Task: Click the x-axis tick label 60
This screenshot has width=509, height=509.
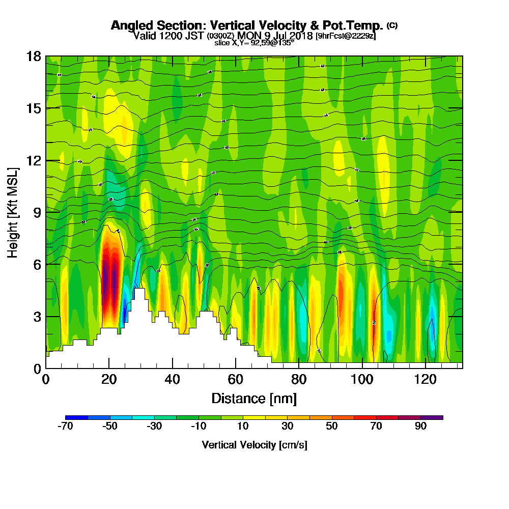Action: pyautogui.click(x=236, y=379)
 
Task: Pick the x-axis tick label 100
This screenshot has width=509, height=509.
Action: pyautogui.click(x=362, y=379)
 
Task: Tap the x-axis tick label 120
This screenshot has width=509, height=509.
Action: pyautogui.click(x=426, y=379)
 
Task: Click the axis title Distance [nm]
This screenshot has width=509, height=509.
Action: pyautogui.click(x=254, y=398)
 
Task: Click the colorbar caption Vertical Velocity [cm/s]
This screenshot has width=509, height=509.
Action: pyautogui.click(x=254, y=445)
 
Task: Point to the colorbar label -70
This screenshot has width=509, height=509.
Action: pyautogui.click(x=66, y=427)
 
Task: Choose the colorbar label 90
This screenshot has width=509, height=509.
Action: pyautogui.click(x=420, y=427)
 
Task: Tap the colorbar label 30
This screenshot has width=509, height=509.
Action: pyautogui.click(x=288, y=427)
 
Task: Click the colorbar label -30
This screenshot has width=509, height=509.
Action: pyautogui.click(x=154, y=427)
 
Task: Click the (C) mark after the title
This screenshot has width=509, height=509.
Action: pyautogui.click(x=392, y=25)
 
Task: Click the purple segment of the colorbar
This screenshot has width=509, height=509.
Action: pyautogui.click(x=432, y=417)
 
